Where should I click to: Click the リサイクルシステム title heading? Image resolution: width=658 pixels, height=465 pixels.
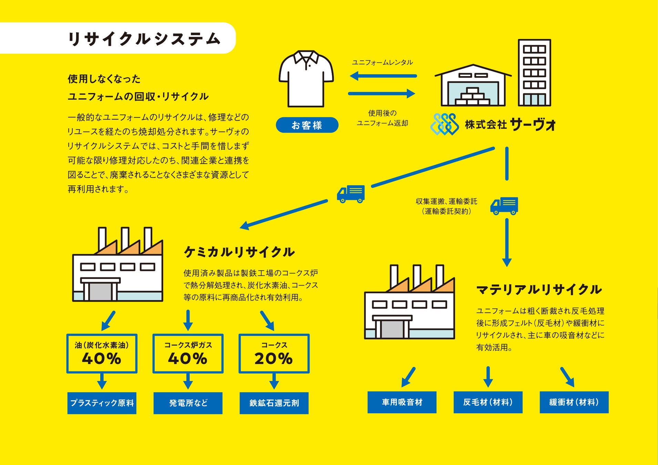144,39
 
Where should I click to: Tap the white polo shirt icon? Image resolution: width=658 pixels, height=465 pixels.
306,79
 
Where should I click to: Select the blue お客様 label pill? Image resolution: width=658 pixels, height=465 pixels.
307,125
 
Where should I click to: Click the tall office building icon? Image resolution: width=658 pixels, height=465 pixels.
534,73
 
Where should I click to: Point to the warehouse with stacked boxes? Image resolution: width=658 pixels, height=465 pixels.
473,86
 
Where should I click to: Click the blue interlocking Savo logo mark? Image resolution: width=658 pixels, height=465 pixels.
444,124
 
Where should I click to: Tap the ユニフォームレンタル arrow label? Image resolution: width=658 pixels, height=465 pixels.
382,62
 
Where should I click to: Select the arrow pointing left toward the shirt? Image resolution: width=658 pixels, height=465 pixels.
383,76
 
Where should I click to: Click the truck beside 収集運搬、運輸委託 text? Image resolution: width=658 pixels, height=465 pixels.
504,206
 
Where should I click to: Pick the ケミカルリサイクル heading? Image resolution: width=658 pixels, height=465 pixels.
239,252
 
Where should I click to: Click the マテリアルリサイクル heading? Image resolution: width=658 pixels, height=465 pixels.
539,290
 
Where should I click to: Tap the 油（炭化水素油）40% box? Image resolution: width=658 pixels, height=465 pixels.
102,353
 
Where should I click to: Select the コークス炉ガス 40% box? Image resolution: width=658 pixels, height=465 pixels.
188,353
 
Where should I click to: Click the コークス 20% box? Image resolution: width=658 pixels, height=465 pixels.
274,353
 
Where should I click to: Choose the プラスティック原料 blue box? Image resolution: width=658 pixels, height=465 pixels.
102,403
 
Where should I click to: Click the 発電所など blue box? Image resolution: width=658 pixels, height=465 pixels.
188,403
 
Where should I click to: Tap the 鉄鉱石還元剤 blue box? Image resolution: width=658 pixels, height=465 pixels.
274,403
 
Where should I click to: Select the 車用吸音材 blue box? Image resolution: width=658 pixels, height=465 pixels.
402,402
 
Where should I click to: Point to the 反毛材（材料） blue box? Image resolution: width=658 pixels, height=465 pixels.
488,402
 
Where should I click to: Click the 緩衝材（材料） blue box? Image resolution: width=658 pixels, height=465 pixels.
574,402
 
